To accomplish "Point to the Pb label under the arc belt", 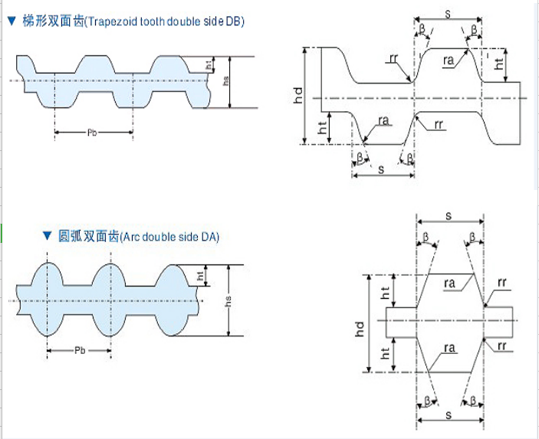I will pyautogui.click(x=80, y=350).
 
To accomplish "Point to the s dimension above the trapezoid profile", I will pyautogui.click(x=447, y=13).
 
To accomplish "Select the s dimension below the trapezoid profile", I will pyautogui.click(x=381, y=169).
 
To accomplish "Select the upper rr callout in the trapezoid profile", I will pyautogui.click(x=393, y=57).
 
